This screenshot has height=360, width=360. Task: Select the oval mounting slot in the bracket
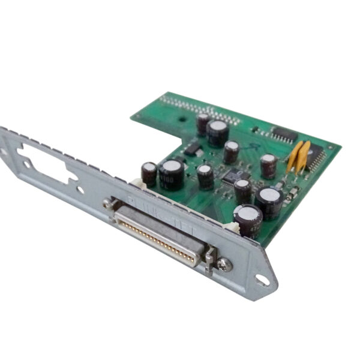pyautogui.click(x=262, y=280)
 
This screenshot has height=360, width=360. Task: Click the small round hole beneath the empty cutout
pyautogui.click(x=80, y=190)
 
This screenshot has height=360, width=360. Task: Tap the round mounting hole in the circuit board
pyautogui.click(x=181, y=119)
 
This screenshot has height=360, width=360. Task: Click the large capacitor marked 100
pyautogui.click(x=171, y=174)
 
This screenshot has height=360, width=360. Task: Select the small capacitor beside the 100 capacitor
pyautogui.click(x=149, y=173)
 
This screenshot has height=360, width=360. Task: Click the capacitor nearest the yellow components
pyautogui.click(x=268, y=166)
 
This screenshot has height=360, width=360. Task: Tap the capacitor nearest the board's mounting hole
pyautogui.click(x=203, y=123)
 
